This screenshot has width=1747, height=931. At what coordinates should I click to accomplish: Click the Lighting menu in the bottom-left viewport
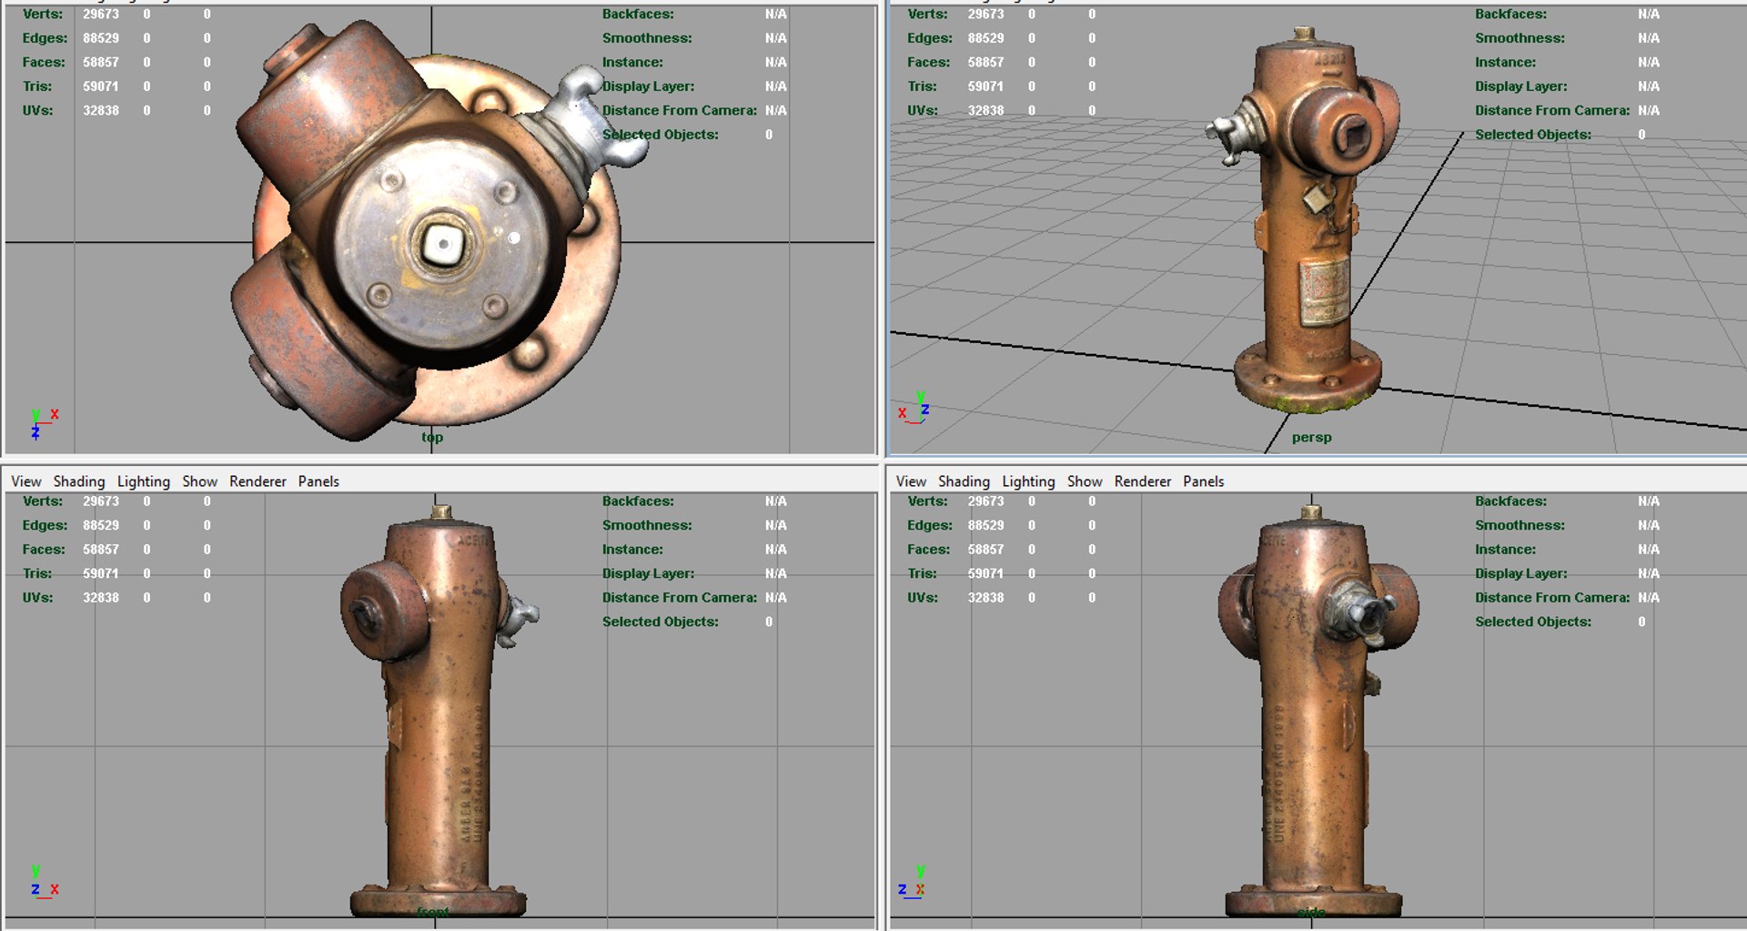(143, 481)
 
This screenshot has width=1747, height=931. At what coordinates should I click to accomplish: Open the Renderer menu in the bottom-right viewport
(1143, 481)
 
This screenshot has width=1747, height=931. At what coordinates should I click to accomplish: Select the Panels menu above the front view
(318, 481)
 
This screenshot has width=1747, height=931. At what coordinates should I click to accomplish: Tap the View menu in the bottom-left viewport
(25, 481)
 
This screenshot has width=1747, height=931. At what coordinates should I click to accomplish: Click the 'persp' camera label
(1311, 438)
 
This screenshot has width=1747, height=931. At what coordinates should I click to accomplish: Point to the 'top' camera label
(432, 438)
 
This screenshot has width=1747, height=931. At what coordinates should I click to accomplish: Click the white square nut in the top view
(443, 243)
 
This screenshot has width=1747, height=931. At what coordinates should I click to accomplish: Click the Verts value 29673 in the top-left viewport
(101, 15)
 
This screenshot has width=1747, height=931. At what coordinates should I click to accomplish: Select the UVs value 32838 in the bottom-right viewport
(985, 598)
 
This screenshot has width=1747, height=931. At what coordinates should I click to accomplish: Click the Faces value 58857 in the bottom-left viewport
(101, 550)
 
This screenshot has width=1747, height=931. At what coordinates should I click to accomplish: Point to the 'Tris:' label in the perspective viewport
(922, 86)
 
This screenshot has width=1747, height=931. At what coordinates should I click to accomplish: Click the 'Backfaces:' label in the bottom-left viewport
(638, 501)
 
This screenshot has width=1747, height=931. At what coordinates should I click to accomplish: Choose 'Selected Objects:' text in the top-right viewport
(1532, 135)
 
